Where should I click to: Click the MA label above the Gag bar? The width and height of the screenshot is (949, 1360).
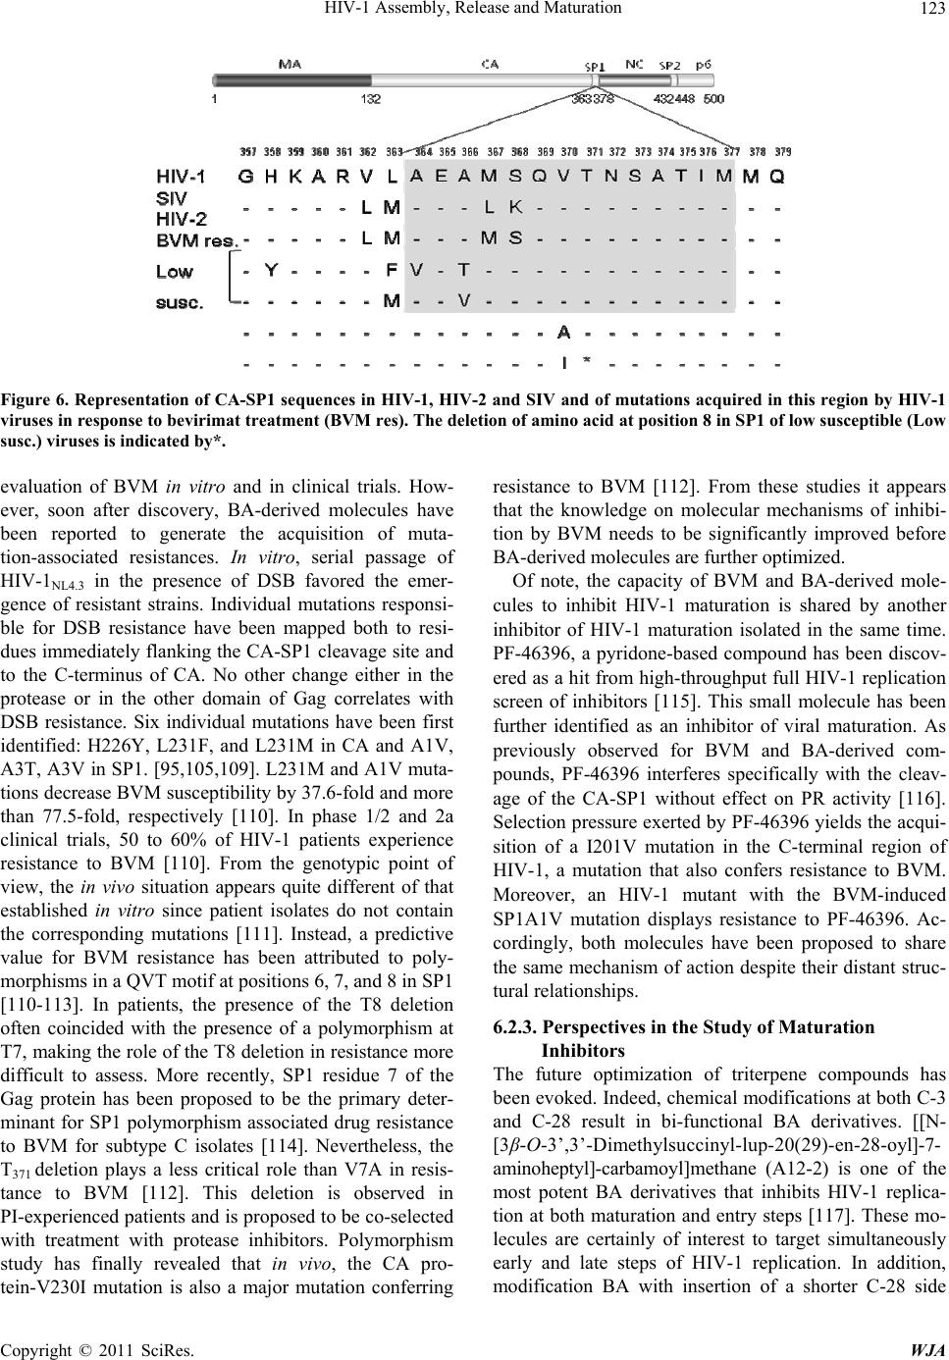(x=290, y=65)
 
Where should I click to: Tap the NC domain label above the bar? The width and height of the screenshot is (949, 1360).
(x=635, y=64)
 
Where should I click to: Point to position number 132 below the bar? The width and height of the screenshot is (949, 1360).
(x=371, y=99)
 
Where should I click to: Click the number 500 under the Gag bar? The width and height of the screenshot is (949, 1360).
(x=714, y=99)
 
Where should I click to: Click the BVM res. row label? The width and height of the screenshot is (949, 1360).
(x=197, y=239)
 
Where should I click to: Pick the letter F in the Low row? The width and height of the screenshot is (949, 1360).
(x=392, y=270)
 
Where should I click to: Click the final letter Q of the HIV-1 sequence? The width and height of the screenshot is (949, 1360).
(x=777, y=178)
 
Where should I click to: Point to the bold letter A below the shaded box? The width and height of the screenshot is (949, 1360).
(x=564, y=332)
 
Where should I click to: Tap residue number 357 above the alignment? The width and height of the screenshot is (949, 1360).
(x=249, y=152)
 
